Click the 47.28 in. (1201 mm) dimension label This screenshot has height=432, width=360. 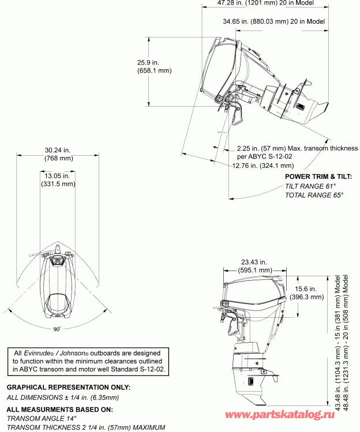(x=271, y=3)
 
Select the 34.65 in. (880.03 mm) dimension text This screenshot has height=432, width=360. (x=275, y=21)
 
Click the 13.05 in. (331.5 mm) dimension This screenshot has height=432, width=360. (x=58, y=179)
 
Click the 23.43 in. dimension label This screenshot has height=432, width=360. (x=256, y=265)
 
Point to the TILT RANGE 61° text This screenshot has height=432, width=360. (x=310, y=186)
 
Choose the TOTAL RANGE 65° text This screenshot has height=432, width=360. (x=314, y=196)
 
